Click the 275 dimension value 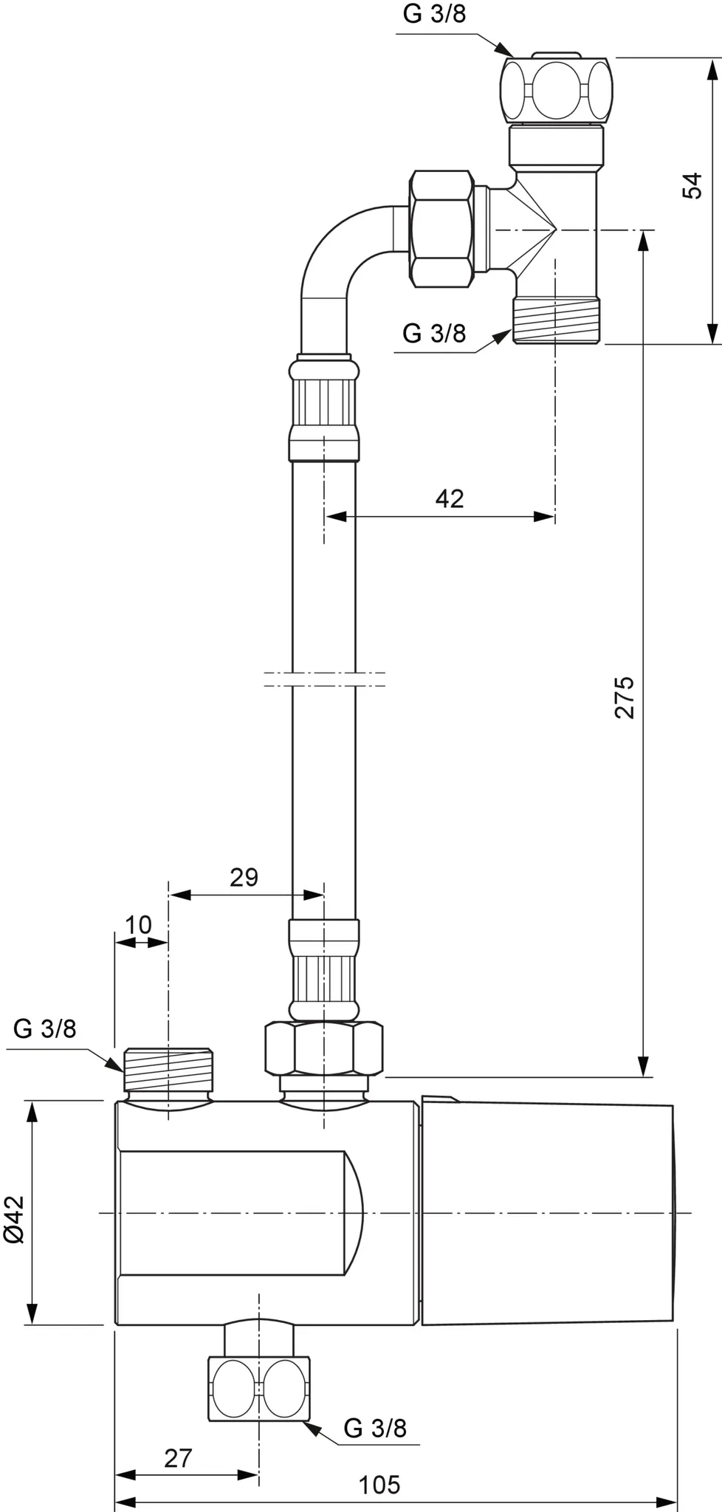[625, 696]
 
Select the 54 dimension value [692, 185]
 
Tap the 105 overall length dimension [379, 1484]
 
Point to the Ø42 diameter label [15, 1220]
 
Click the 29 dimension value [244, 877]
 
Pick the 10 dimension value [138, 924]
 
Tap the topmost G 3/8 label [434, 15]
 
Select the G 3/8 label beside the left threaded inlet [45, 1028]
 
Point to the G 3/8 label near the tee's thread [434, 334]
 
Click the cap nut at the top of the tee [557, 90]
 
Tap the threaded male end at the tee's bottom [557, 319]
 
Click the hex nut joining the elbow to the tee [441, 230]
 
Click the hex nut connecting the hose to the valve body [324, 1048]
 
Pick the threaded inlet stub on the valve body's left [169, 1068]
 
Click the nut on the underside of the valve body [258, 1388]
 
